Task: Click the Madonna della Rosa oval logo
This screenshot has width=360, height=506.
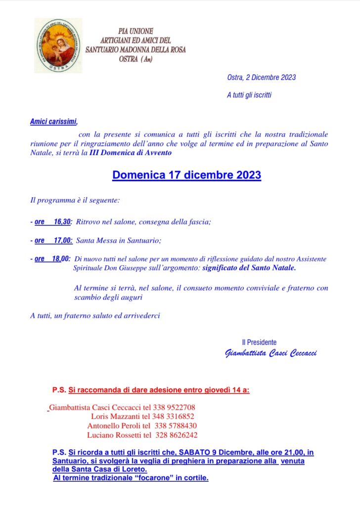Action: click(57, 45)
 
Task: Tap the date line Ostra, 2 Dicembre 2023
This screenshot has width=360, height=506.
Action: click(261, 77)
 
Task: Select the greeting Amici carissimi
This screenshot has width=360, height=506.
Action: click(53, 121)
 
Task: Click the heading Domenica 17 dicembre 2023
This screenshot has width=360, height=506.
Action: click(186, 175)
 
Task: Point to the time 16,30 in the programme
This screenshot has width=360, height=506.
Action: click(62, 222)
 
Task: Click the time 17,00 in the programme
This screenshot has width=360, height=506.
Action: click(63, 241)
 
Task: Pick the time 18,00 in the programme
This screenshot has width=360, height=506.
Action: click(62, 259)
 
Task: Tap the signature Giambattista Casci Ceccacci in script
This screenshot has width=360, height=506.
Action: click(270, 353)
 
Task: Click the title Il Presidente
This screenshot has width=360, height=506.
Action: click(259, 342)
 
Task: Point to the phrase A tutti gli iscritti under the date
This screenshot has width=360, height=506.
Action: click(249, 95)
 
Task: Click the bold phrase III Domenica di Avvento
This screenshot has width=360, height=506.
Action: click(131, 153)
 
